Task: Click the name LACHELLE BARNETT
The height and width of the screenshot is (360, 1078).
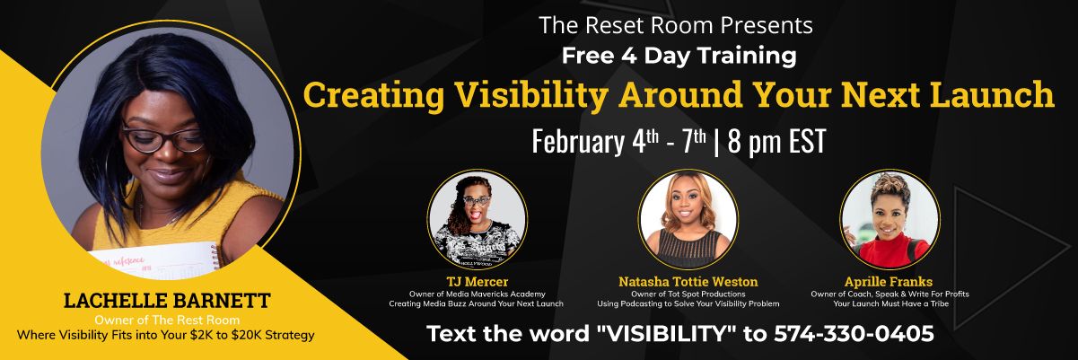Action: [167, 301]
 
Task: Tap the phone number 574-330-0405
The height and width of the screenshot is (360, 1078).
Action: [854, 334]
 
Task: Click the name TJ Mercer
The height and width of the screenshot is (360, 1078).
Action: [477, 282]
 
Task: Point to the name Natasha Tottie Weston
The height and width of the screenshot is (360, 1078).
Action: [688, 282]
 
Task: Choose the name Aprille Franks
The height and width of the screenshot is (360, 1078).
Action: [889, 282]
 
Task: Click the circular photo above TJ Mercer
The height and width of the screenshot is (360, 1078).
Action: [478, 219]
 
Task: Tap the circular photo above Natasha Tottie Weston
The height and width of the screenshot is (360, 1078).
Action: [688, 219]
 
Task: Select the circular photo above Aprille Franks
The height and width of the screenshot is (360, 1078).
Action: [890, 219]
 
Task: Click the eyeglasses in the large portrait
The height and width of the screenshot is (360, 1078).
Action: [163, 139]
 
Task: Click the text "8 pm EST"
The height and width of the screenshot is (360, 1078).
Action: [776, 142]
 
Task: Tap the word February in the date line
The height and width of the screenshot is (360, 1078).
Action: [577, 143]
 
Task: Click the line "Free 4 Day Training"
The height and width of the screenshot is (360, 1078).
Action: [679, 56]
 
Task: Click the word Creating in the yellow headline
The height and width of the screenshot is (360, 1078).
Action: [373, 95]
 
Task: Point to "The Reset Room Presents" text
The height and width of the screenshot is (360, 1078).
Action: [676, 25]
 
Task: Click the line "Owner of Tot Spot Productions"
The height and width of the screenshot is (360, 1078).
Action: [688, 294]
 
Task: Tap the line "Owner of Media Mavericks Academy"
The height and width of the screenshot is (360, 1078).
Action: [477, 294]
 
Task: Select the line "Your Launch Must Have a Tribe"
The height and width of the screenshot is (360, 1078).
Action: [890, 303]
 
